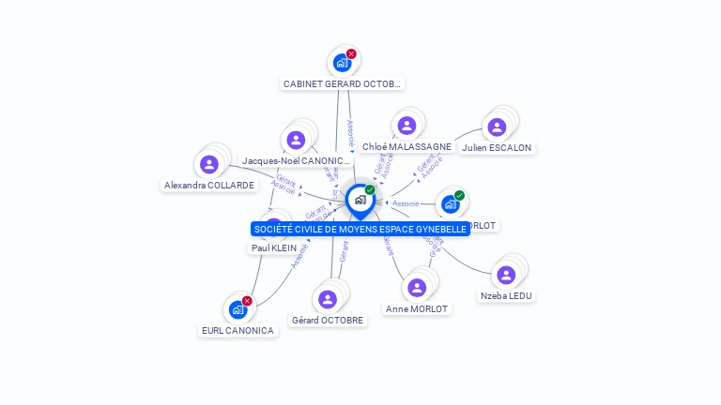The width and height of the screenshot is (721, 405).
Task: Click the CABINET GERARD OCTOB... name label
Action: click(x=343, y=83)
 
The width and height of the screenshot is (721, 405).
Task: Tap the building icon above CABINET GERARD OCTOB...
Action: click(x=342, y=63)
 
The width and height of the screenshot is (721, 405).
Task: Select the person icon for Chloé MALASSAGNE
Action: click(x=407, y=126)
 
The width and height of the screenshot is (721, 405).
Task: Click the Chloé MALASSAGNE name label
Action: click(x=407, y=146)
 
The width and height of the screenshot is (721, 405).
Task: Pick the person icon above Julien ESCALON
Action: click(x=497, y=127)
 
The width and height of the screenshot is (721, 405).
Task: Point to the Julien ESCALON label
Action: click(x=497, y=147)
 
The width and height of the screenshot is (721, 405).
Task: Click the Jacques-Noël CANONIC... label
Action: click(x=296, y=160)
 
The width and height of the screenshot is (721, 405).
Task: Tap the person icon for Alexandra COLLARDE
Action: click(x=209, y=164)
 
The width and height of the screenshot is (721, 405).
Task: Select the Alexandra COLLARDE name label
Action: click(x=209, y=185)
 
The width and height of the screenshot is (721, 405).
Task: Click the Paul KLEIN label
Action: click(x=274, y=247)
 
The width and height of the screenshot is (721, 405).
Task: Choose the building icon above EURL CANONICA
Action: click(x=238, y=309)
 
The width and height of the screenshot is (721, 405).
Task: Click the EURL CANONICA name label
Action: click(x=238, y=330)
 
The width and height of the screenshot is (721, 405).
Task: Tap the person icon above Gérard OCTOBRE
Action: click(x=328, y=299)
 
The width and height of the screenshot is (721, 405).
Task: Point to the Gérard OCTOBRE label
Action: click(x=328, y=320)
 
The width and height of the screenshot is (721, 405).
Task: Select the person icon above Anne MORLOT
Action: click(x=417, y=288)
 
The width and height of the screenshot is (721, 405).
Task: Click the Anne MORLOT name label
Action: click(x=417, y=308)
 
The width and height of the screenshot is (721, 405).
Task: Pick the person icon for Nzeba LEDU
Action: click(x=506, y=275)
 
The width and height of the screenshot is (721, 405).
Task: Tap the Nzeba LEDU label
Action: click(x=506, y=295)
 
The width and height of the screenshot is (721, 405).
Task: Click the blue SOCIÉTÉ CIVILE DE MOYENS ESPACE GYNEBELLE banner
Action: click(x=360, y=229)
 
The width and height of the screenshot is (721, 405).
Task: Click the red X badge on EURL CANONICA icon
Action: click(x=247, y=301)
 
